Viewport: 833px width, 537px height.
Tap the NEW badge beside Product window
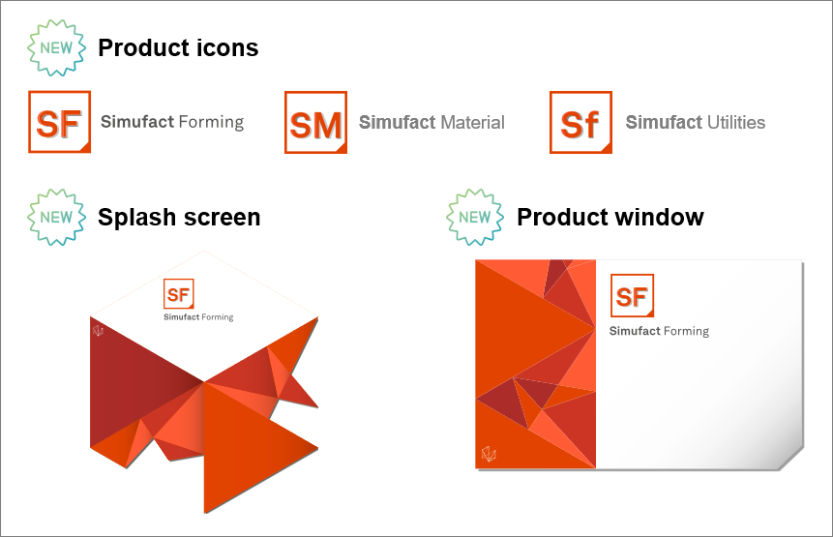(x=474, y=217)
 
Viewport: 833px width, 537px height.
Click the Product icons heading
(x=178, y=47)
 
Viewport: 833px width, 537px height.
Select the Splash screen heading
(x=179, y=217)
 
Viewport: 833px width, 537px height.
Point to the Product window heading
(x=610, y=217)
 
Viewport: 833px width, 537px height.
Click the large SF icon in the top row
(x=60, y=123)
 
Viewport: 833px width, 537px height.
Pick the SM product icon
(x=315, y=123)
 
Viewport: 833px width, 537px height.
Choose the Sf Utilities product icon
(x=580, y=123)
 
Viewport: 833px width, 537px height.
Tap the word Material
(x=472, y=123)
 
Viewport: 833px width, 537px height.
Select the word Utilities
(x=735, y=123)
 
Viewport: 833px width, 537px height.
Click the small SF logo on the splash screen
(x=179, y=294)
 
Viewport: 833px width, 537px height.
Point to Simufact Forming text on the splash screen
(x=198, y=317)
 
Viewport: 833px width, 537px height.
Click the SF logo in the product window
(x=632, y=296)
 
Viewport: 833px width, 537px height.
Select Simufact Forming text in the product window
(x=659, y=331)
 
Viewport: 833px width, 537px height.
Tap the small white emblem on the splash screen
(x=98, y=331)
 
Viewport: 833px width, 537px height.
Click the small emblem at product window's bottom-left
(x=489, y=455)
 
